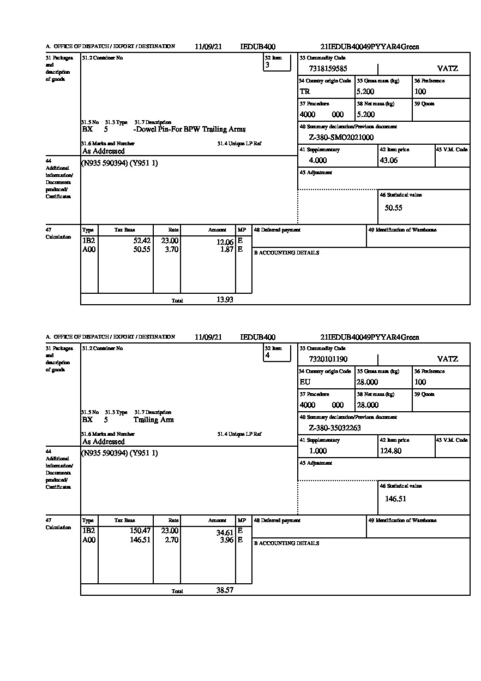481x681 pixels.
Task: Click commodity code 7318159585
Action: coord(328,69)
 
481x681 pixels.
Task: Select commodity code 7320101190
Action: coord(328,359)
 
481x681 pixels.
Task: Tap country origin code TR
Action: coord(305,92)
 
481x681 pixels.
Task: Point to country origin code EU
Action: coord(305,382)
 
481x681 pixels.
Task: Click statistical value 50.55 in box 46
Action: coord(393,208)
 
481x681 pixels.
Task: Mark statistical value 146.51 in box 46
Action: coord(395,499)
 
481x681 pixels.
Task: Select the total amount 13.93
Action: coord(225,300)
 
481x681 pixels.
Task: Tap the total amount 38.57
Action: coord(225,590)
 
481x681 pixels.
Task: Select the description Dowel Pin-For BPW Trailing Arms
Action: coord(189,129)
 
